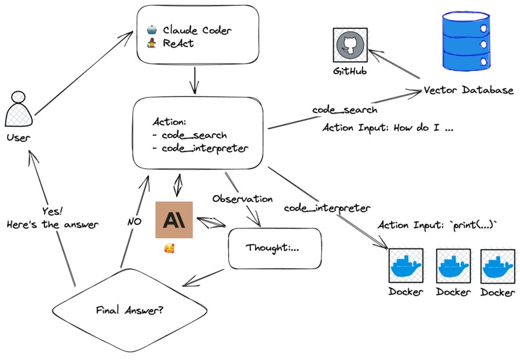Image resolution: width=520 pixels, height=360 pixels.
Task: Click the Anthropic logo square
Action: click(x=174, y=220)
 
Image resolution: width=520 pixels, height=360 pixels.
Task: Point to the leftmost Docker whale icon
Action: click(x=406, y=265)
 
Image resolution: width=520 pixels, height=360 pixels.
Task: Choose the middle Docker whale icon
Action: click(x=454, y=265)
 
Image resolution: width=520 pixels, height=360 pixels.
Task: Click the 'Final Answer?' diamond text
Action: click(x=129, y=310)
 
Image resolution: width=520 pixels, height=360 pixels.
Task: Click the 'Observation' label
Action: click(x=243, y=199)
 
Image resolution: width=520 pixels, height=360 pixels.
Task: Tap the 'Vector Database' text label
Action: click(x=469, y=90)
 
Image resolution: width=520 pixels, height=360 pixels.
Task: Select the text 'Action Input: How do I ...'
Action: click(x=388, y=128)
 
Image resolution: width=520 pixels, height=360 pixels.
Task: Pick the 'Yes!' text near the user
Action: click(x=53, y=212)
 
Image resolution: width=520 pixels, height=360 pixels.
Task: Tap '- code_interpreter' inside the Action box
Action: click(x=200, y=149)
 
